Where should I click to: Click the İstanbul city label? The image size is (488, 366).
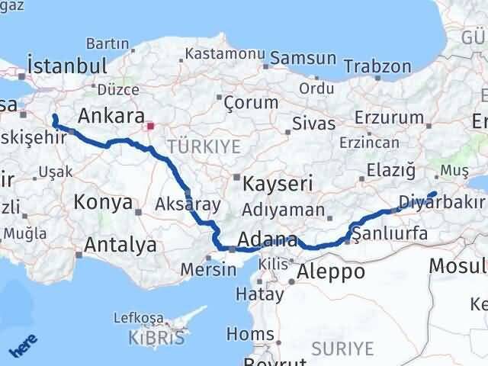(x=66, y=66)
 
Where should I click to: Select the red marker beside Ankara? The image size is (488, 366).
(x=151, y=125)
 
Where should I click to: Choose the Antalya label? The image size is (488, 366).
(x=120, y=246)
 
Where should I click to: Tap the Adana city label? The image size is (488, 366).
(x=267, y=241)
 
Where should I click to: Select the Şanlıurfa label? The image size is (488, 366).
(x=390, y=233)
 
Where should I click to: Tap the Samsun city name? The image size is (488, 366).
(x=303, y=58)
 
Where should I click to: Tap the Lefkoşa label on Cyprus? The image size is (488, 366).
(x=137, y=317)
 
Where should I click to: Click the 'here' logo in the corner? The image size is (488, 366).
(x=25, y=345)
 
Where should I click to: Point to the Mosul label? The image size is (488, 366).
(x=457, y=266)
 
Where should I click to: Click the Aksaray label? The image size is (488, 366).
(x=188, y=204)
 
